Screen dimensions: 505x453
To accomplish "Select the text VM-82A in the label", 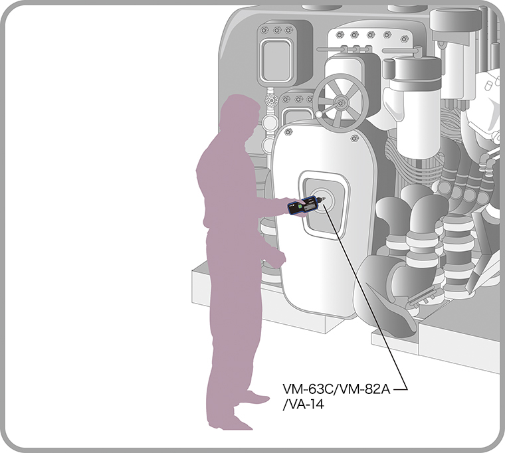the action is click(365, 390).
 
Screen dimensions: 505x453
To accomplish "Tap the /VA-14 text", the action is click(303, 405).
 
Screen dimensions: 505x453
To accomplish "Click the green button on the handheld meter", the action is click(300, 207).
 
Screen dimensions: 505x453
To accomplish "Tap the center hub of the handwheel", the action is click(340, 103).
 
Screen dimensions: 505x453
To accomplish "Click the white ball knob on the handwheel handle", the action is click(319, 114).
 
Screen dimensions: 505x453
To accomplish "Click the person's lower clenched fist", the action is click(276, 259).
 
